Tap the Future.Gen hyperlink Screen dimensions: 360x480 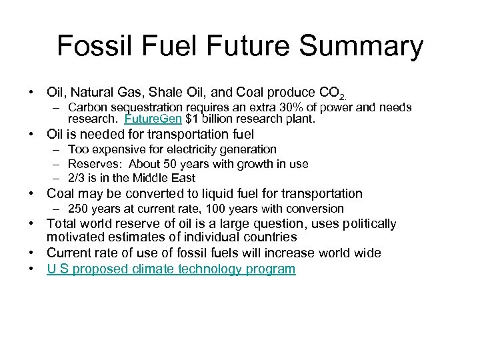pos(148,120)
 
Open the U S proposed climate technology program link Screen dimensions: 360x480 pos(171,269)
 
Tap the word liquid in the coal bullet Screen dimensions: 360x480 pos(214,193)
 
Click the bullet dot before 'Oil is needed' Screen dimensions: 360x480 pos(31,134)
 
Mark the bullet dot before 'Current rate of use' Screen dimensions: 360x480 pos(31,253)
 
